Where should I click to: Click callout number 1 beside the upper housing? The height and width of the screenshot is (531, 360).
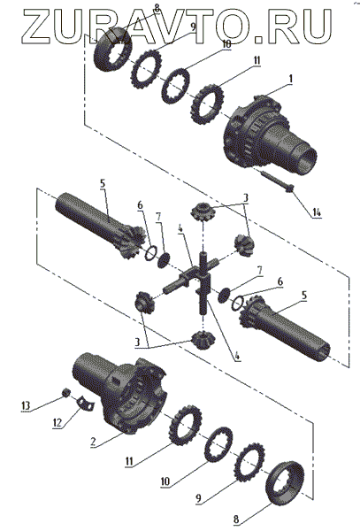coord(290,79)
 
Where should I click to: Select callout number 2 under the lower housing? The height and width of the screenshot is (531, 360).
coord(94,442)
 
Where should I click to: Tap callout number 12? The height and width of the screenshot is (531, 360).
coord(57,423)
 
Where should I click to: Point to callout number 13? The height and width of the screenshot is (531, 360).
coord(26,405)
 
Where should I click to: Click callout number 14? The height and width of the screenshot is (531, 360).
coord(317,212)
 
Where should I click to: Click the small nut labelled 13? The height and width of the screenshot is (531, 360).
coord(66,392)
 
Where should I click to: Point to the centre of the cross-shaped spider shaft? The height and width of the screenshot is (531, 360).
coord(203,276)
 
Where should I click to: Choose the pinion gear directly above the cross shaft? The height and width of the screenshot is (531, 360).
coord(202,211)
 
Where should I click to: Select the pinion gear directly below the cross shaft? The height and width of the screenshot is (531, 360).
coord(203,341)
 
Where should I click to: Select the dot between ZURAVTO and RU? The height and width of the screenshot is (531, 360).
coord(259,40)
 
